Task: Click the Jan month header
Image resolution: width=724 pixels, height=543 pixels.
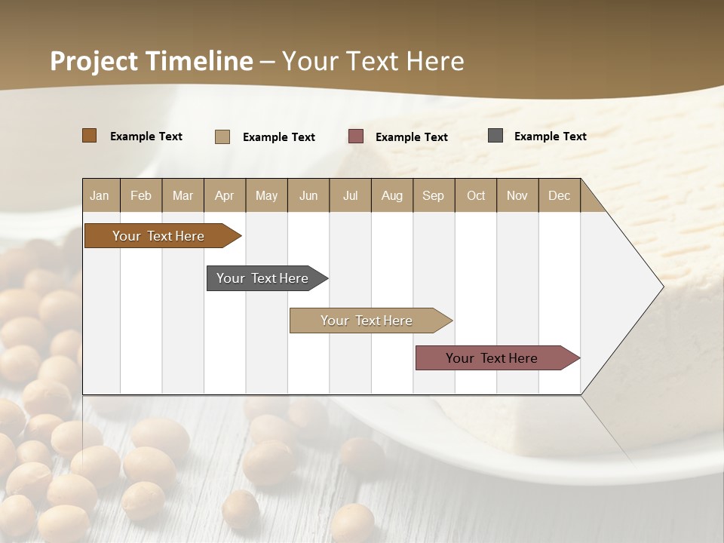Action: pyautogui.click(x=100, y=195)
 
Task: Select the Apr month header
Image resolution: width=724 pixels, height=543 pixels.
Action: pyautogui.click(x=224, y=195)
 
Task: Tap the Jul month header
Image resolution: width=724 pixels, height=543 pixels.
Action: pyautogui.click(x=350, y=195)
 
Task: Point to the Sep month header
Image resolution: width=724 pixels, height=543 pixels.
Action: pyautogui.click(x=433, y=195)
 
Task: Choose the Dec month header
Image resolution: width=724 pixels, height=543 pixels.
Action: pyautogui.click(x=559, y=195)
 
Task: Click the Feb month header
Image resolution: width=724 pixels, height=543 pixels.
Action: pyautogui.click(x=141, y=195)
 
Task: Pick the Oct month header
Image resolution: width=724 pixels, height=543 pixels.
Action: pyautogui.click(x=476, y=195)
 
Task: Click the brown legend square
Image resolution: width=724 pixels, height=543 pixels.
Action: pyautogui.click(x=89, y=136)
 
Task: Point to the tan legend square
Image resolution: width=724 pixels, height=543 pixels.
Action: pyautogui.click(x=222, y=137)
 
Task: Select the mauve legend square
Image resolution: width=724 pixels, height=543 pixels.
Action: pyautogui.click(x=355, y=137)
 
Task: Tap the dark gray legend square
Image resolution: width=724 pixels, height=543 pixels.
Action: pyautogui.click(x=495, y=136)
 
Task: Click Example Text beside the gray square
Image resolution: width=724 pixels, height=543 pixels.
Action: pyautogui.click(x=550, y=137)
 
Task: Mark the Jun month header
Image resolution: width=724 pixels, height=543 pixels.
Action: pyautogui.click(x=308, y=195)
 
